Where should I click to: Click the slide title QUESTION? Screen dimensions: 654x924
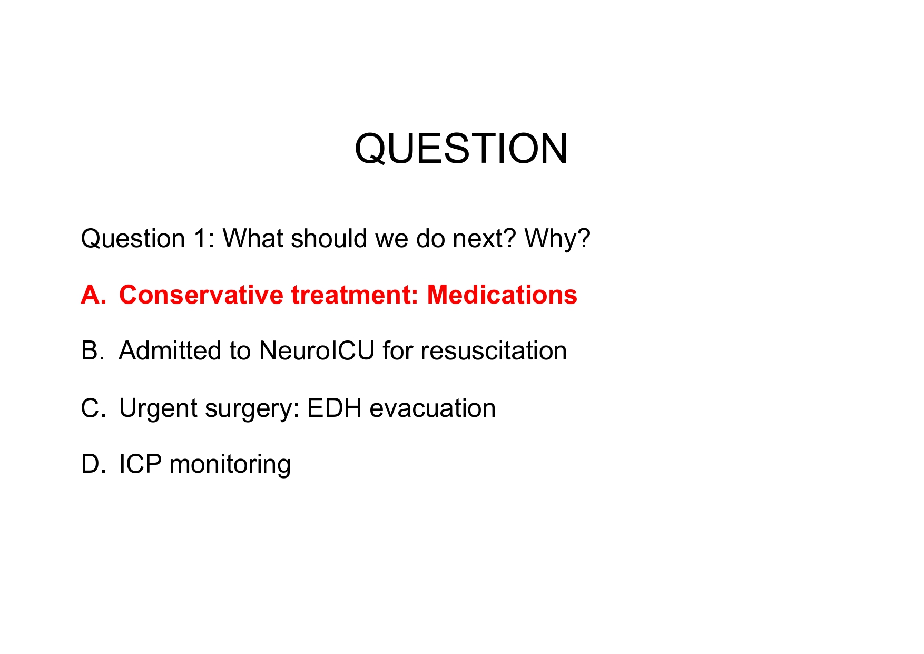[x=461, y=149]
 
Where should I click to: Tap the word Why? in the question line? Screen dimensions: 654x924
[x=557, y=239]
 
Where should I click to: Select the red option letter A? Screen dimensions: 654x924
[x=93, y=295]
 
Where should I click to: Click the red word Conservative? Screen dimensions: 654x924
[x=201, y=295]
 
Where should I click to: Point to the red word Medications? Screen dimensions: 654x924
[x=502, y=295]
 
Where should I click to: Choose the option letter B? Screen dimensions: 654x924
[x=92, y=351]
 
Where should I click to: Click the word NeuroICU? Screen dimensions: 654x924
[x=317, y=351]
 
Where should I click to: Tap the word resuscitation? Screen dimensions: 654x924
[x=494, y=351]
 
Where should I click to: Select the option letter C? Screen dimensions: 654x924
[x=92, y=408]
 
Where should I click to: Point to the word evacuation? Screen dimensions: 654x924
[x=432, y=408]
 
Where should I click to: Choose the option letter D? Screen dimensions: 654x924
[x=92, y=464]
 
